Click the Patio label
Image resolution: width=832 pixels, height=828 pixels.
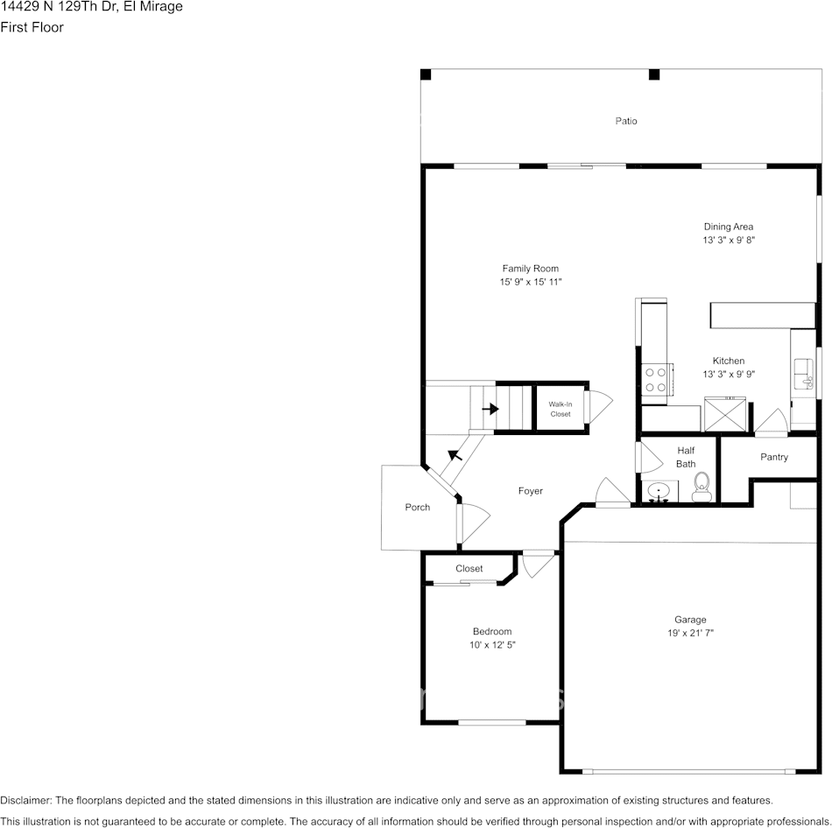pos(625,121)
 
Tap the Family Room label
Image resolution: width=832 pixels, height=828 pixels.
pos(530,269)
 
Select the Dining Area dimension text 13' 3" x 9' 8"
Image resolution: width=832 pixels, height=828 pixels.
pos(728,240)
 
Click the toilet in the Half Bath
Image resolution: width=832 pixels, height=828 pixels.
pos(702,488)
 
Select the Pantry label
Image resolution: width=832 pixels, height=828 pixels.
pos(773,457)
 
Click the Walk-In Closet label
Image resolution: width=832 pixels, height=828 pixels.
pos(561,409)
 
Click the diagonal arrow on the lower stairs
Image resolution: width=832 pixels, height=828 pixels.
pos(455,454)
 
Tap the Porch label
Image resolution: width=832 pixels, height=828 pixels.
pos(417,508)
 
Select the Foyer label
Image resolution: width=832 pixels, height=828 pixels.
pos(530,491)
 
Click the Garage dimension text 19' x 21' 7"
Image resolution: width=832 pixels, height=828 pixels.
pos(689,633)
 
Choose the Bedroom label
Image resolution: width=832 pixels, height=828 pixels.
pos(491,631)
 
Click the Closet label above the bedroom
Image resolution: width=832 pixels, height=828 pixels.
pos(469,569)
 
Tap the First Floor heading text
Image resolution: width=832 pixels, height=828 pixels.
pos(32,27)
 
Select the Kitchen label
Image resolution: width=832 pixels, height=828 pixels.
pos(728,361)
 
